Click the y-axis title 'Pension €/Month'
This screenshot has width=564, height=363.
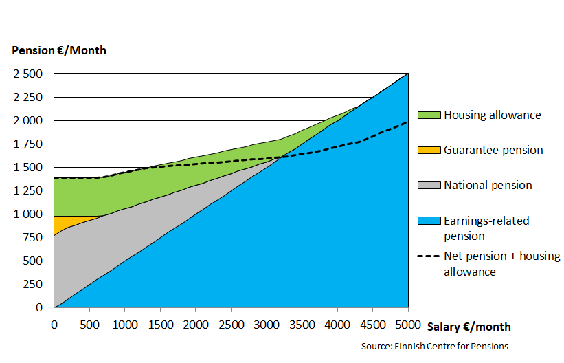coord(59,50)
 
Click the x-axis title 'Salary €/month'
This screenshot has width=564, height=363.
coord(469,327)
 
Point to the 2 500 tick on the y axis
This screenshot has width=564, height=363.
coord(28,74)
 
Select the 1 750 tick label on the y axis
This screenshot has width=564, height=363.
coord(28,144)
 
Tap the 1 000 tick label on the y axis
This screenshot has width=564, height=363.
coord(28,214)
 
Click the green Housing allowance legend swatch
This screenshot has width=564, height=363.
coord(429,115)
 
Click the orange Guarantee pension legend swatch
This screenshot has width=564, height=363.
coord(429,150)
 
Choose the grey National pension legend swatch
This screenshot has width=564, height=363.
coord(429,186)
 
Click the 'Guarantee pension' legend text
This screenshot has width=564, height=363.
coord(493,150)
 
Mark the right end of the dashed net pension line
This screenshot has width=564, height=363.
coord(407,122)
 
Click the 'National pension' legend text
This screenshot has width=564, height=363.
coord(488,186)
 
